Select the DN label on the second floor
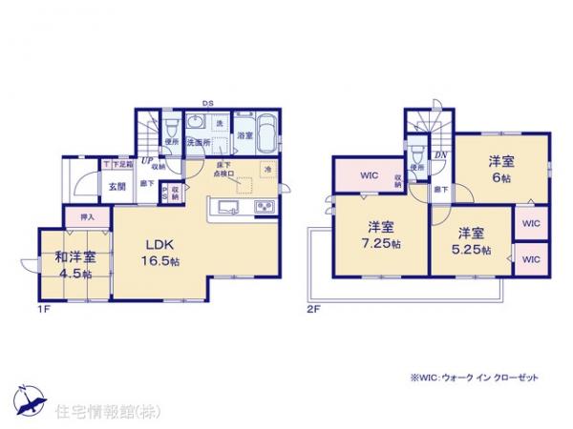coord(441,154)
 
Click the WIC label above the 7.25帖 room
coord(371,174)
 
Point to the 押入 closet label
coord(82,217)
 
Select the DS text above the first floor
coord(207,102)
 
